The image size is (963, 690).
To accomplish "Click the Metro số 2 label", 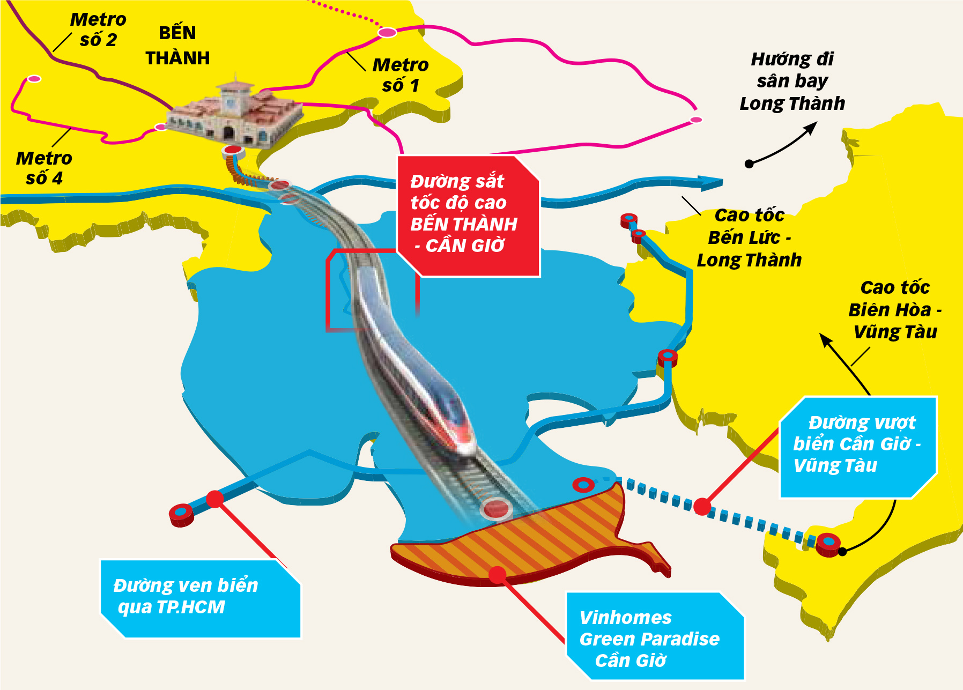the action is tap(98, 29).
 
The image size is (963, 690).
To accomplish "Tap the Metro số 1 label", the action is tap(401, 75).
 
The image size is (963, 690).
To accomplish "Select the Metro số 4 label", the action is tap(44, 168).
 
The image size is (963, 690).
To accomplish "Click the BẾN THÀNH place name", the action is tap(177, 46).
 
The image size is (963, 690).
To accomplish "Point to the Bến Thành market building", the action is tap(235, 113).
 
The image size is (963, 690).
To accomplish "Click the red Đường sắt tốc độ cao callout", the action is tap(468, 216).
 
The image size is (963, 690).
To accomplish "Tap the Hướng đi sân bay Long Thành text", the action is tap(792, 81).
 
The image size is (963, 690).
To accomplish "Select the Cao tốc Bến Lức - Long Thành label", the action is tap(749, 238).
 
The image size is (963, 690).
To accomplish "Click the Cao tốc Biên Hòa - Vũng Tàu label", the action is tap(895, 310).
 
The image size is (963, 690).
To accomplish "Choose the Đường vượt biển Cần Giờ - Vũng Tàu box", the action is tap(858, 447).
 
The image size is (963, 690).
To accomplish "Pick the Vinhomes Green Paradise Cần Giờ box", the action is tap(655, 636).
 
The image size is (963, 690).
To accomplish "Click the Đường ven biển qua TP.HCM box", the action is tap(201, 599).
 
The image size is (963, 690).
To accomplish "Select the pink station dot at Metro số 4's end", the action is tap(34, 79).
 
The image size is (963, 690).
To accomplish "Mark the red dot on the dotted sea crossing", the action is tap(702, 507).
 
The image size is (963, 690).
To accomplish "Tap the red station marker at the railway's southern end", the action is tap(496, 509).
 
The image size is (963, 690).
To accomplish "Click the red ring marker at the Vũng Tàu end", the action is tap(828, 544).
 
